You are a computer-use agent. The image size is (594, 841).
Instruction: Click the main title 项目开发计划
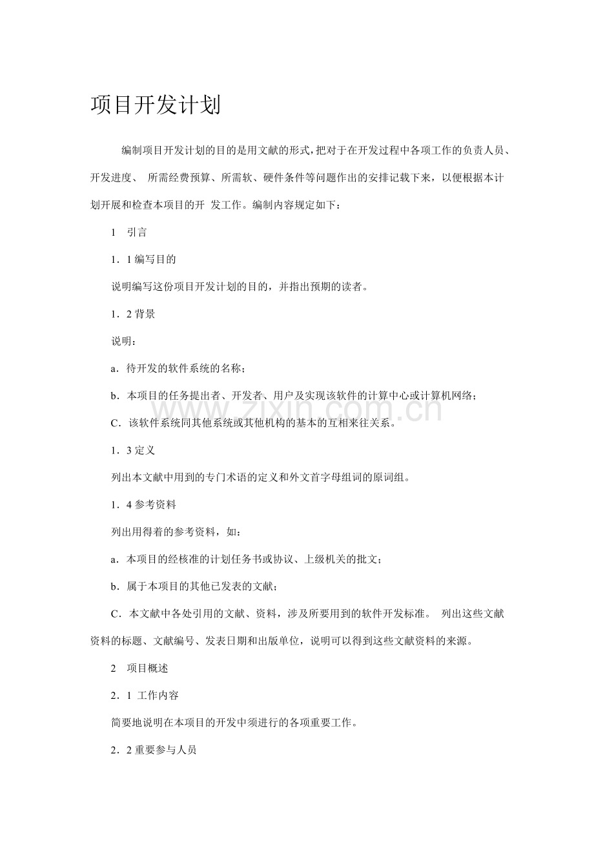pos(156,105)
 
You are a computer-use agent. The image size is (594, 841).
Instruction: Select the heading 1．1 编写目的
pos(143,260)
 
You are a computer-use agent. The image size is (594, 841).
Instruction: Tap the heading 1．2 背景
pos(133,315)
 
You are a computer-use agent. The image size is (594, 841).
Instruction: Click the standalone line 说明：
pos(124,342)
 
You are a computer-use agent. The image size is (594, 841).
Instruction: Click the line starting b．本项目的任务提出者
pos(294,396)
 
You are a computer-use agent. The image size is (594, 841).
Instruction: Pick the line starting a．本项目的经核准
pos(246,559)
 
